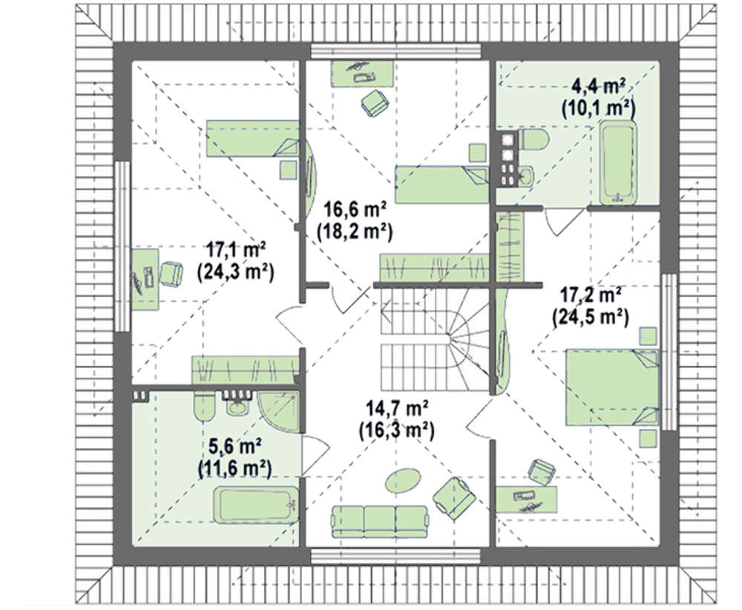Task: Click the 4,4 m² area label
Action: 599,87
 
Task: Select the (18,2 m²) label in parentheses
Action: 355,232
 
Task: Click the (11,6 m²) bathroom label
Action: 234,468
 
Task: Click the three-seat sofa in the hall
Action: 380,522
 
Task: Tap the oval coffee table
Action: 403,482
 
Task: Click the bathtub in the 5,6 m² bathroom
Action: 256,505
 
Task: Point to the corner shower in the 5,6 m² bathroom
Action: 279,411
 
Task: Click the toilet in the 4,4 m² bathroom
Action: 533,141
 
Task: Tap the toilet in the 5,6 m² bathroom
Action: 205,404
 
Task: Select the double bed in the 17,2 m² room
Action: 612,387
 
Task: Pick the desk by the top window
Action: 362,73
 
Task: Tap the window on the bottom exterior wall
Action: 395,556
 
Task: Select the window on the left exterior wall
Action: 122,246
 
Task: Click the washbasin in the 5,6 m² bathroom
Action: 236,406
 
